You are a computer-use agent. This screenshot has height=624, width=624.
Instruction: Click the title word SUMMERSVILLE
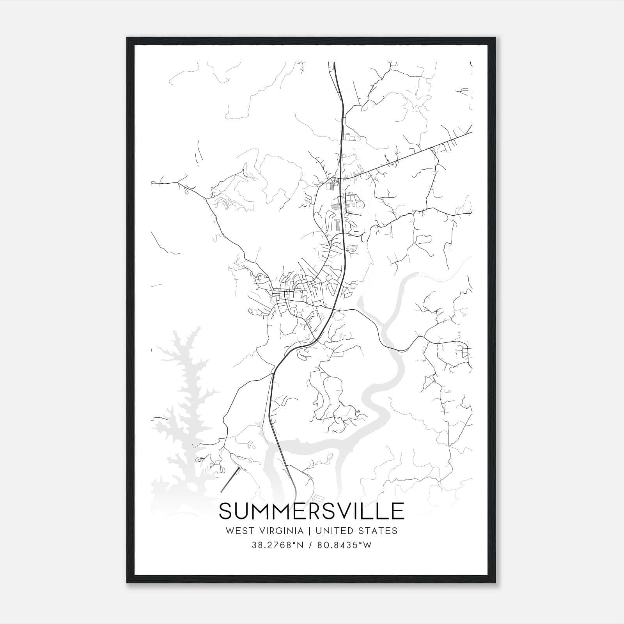312,511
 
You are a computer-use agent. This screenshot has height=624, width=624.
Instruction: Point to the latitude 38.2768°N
278,545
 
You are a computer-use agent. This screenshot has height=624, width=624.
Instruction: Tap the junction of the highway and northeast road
341,178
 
